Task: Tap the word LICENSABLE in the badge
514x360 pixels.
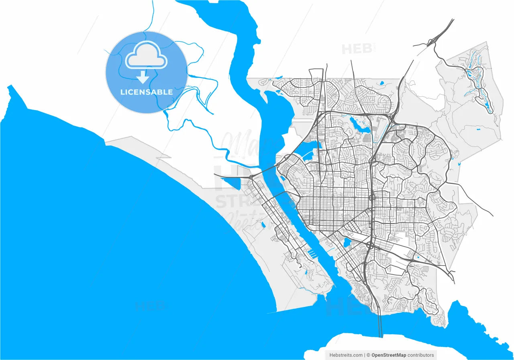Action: point(147,92)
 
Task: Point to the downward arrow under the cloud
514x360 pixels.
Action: point(143,77)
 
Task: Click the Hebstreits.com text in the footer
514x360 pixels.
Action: point(346,355)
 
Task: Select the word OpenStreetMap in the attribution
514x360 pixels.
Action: point(389,355)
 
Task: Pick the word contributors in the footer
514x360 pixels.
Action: point(421,355)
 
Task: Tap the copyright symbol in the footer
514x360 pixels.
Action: point(368,355)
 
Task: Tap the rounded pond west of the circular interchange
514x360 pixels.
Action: point(346,242)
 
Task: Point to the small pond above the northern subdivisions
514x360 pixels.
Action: point(381,83)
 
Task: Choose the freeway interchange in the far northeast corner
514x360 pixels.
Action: point(434,40)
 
